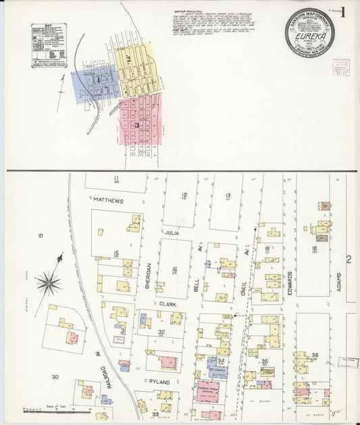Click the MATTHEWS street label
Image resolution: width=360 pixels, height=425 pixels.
pos(109,201)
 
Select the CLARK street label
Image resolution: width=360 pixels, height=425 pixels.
pos(168,304)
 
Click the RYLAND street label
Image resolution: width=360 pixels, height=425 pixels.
pos(159,381)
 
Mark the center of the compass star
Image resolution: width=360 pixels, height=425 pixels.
pos(49,282)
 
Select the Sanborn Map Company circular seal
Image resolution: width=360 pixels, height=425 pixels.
pos(309,32)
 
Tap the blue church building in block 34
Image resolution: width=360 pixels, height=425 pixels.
pos(213,362)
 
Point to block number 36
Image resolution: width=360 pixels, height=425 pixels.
pos(315,355)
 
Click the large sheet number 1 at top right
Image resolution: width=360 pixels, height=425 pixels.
pos(343,11)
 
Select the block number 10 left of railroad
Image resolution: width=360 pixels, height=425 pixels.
pos(41,236)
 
